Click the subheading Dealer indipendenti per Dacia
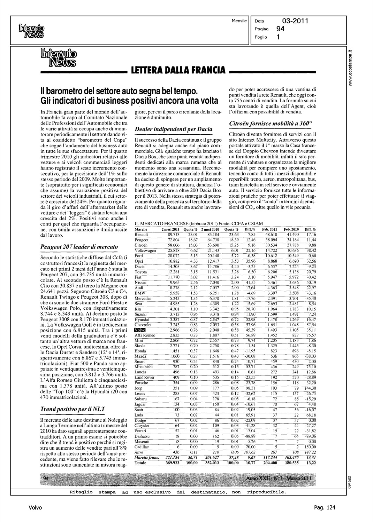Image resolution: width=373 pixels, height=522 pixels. click(173, 129)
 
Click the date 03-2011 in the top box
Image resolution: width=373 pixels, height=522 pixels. click(295, 21)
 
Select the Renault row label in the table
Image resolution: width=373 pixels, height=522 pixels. click(141, 235)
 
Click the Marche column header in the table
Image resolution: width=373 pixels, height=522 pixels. click(141, 230)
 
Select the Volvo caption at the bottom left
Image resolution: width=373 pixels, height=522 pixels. click(35, 508)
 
